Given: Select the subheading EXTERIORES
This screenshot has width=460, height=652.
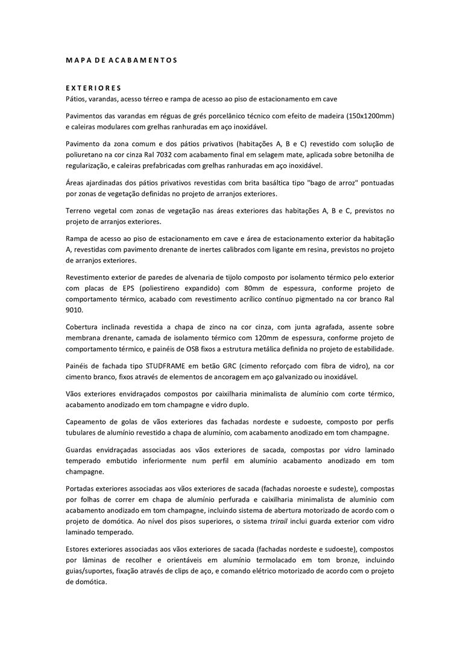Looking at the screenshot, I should click(x=93, y=88).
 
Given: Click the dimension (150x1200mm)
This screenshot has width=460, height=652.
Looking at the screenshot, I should click(x=370, y=115).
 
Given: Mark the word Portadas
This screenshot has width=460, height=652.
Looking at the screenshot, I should click(x=81, y=489).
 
